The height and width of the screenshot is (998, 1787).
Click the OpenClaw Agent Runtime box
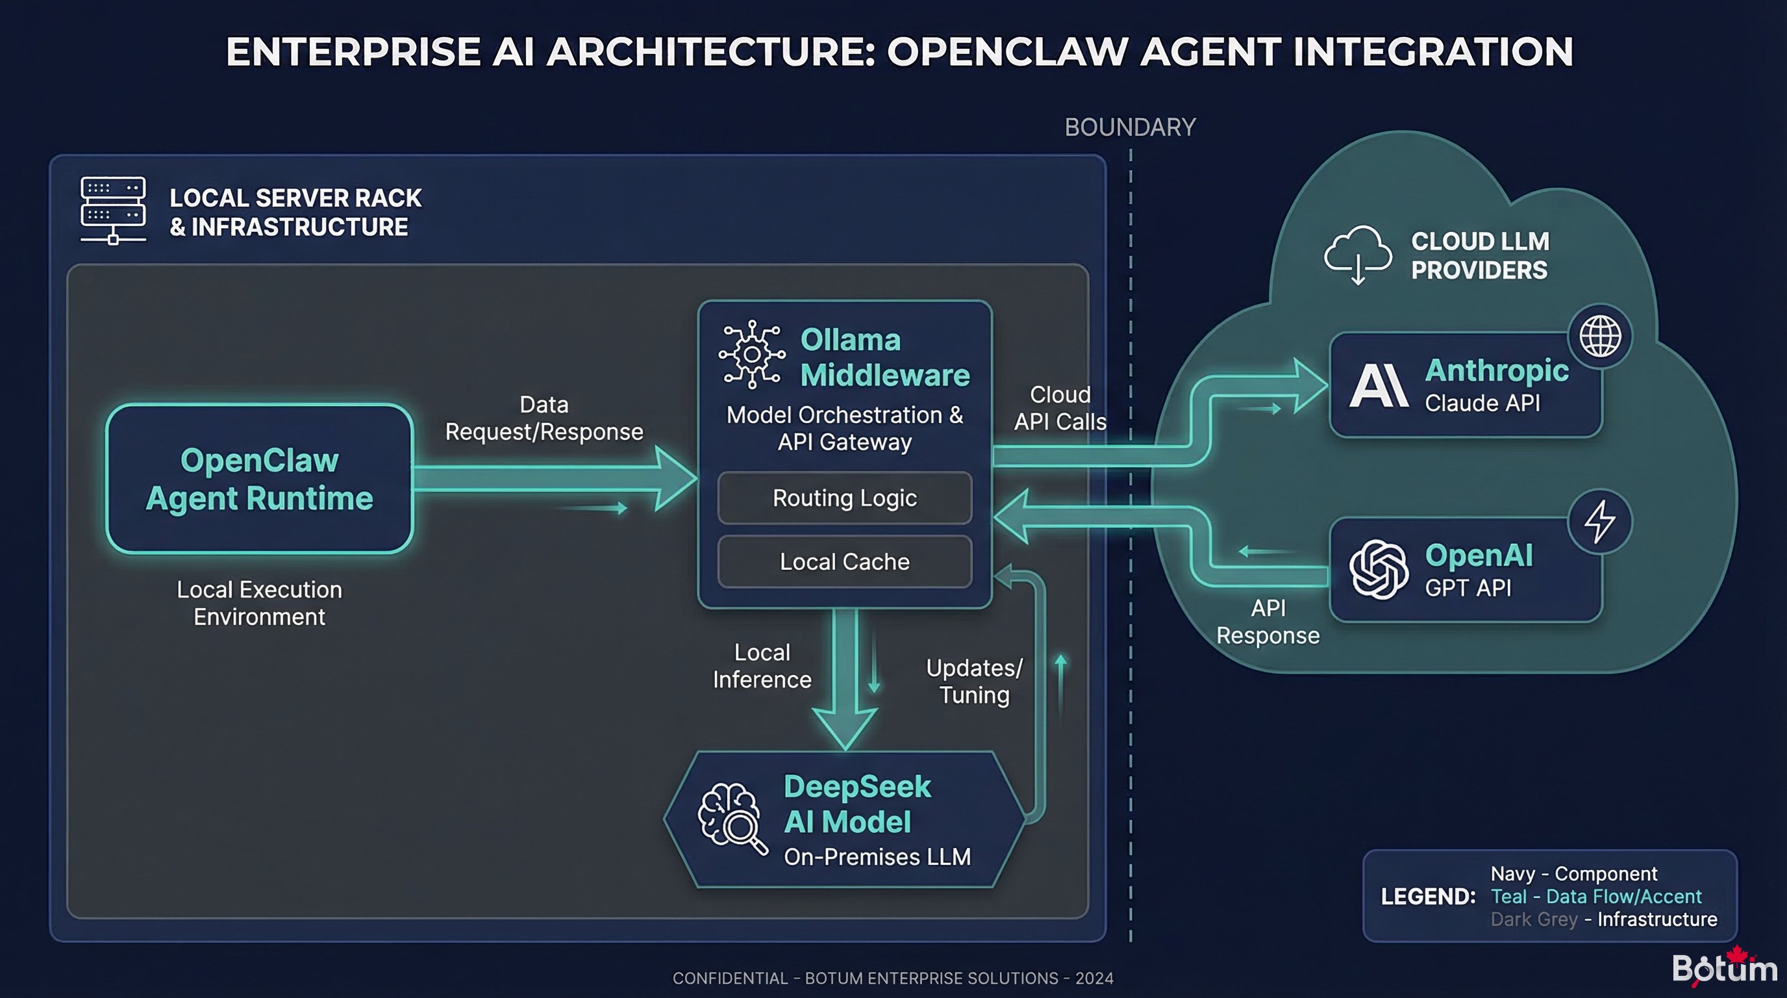260,479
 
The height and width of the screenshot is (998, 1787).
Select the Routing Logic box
844,498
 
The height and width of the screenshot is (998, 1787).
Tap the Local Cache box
844,561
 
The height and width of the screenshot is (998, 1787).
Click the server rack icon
113,210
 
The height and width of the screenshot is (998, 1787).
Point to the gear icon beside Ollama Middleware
752,355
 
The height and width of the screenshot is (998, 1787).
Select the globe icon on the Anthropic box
1600,337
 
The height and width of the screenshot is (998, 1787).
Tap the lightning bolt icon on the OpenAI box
1600,521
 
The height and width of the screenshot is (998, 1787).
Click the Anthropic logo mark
1379,386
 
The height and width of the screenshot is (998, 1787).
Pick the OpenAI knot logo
1379,570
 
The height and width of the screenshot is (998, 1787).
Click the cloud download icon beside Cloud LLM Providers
1358,254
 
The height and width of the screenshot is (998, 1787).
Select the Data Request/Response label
544,418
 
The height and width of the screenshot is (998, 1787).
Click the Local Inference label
762,665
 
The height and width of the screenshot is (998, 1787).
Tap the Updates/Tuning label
974,681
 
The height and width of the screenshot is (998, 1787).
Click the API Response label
1268,621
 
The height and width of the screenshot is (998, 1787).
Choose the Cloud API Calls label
1059,408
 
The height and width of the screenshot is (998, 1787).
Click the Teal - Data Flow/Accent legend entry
1595,896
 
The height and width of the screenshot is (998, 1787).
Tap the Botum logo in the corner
1724,967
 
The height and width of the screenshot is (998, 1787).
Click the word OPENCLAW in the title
1008,52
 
